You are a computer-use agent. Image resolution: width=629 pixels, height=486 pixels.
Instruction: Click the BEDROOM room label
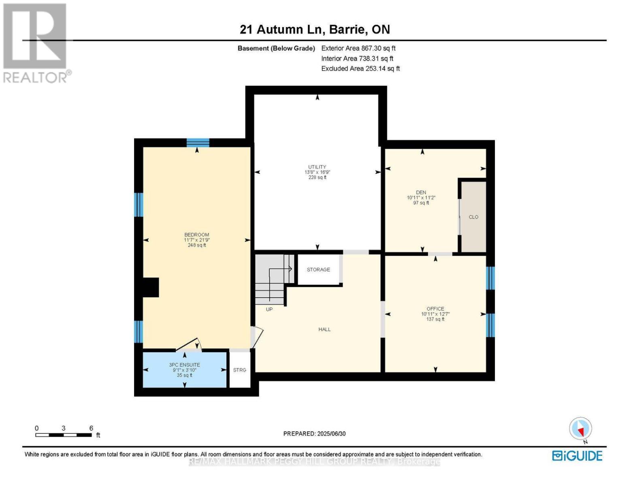coord(196,235)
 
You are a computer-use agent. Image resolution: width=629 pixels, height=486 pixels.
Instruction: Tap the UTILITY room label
coord(317,167)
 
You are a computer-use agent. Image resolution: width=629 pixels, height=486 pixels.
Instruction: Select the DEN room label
coord(421,192)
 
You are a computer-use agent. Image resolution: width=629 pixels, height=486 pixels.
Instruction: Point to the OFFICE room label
coord(435,309)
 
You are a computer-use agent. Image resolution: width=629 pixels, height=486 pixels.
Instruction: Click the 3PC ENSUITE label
coord(184,364)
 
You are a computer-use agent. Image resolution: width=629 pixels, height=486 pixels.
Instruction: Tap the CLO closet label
coord(473,217)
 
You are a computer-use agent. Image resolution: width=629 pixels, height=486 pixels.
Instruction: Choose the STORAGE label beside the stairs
coord(318,270)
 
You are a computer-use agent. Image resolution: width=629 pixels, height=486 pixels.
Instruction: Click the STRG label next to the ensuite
coord(240,370)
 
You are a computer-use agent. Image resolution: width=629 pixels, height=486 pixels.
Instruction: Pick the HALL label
coord(324,330)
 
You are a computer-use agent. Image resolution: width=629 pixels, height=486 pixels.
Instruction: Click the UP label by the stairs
coord(269,309)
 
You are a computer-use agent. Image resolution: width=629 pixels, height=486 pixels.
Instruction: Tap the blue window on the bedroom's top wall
coord(198,143)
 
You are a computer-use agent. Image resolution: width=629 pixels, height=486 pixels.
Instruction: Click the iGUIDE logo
coord(577,456)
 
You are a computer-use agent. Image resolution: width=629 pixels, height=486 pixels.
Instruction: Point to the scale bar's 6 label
coord(91,428)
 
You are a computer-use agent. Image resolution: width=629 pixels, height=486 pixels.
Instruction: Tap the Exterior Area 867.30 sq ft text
coord(358,48)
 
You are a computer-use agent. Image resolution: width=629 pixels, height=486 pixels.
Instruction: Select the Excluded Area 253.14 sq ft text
coord(360,69)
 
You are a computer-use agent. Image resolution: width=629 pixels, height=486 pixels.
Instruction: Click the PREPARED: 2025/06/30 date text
coord(314,434)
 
